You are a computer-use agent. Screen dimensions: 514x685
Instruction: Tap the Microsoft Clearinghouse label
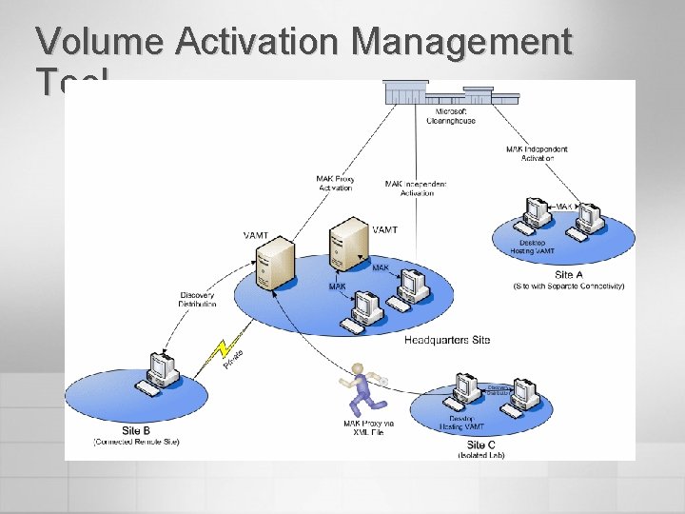coord(451,117)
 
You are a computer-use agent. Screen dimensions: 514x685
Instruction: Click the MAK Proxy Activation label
coord(334,184)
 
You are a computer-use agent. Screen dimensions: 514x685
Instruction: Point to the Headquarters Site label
coord(447,340)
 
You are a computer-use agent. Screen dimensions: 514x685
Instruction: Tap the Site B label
coord(136,431)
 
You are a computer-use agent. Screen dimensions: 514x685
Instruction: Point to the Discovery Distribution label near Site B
coord(198,300)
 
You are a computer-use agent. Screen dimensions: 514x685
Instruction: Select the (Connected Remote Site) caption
coord(136,442)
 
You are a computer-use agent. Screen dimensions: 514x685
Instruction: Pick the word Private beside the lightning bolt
coord(233,361)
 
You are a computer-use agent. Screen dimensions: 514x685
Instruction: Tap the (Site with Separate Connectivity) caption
coord(568,286)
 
